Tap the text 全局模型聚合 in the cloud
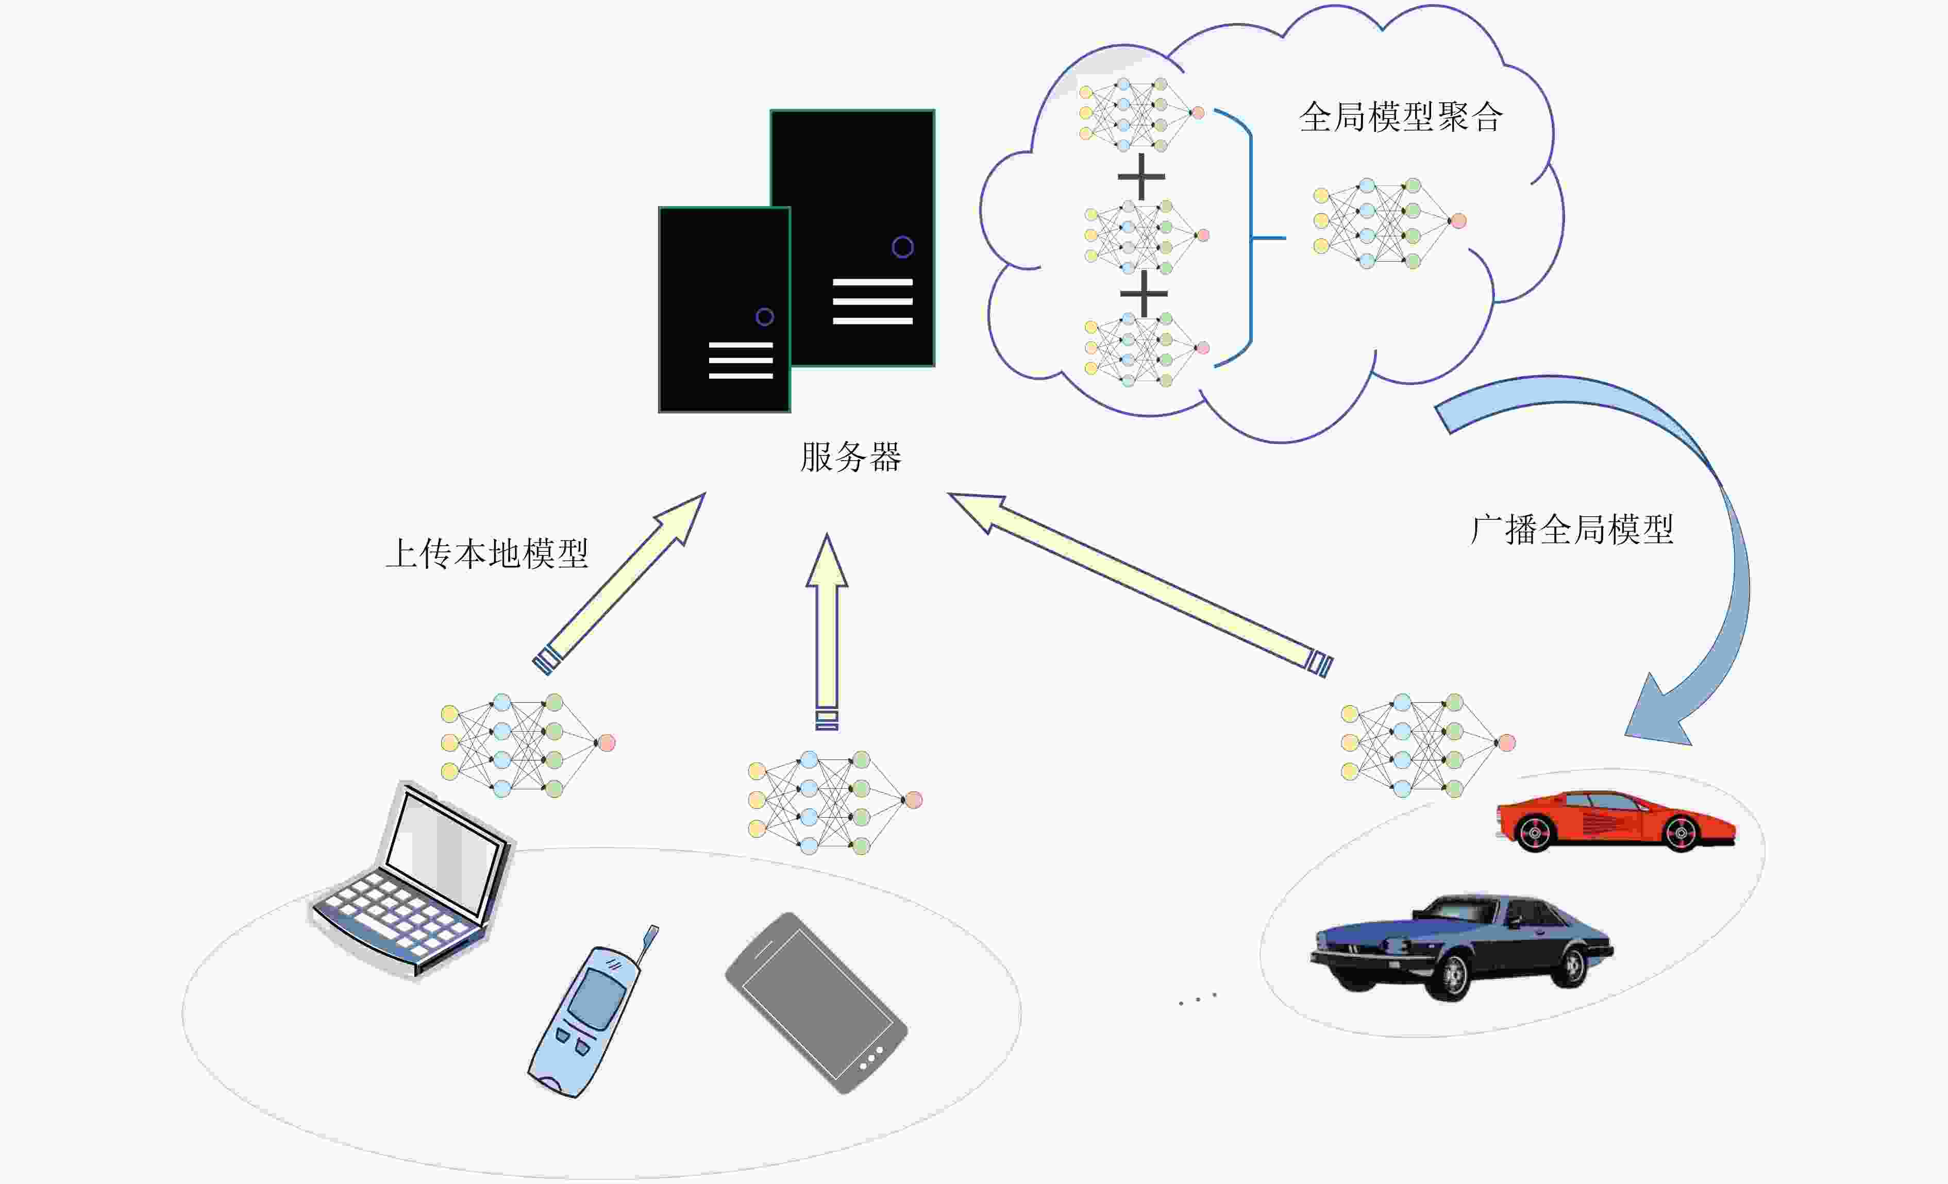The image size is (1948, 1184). [x=1400, y=117]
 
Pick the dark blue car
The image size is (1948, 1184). [x=1463, y=944]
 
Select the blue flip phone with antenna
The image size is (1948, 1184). [x=589, y=1016]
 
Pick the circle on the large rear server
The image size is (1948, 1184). [x=902, y=247]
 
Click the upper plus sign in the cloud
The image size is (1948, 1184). [x=1141, y=176]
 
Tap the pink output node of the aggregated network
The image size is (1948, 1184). [x=1458, y=222]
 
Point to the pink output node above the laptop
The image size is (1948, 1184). [x=607, y=742]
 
